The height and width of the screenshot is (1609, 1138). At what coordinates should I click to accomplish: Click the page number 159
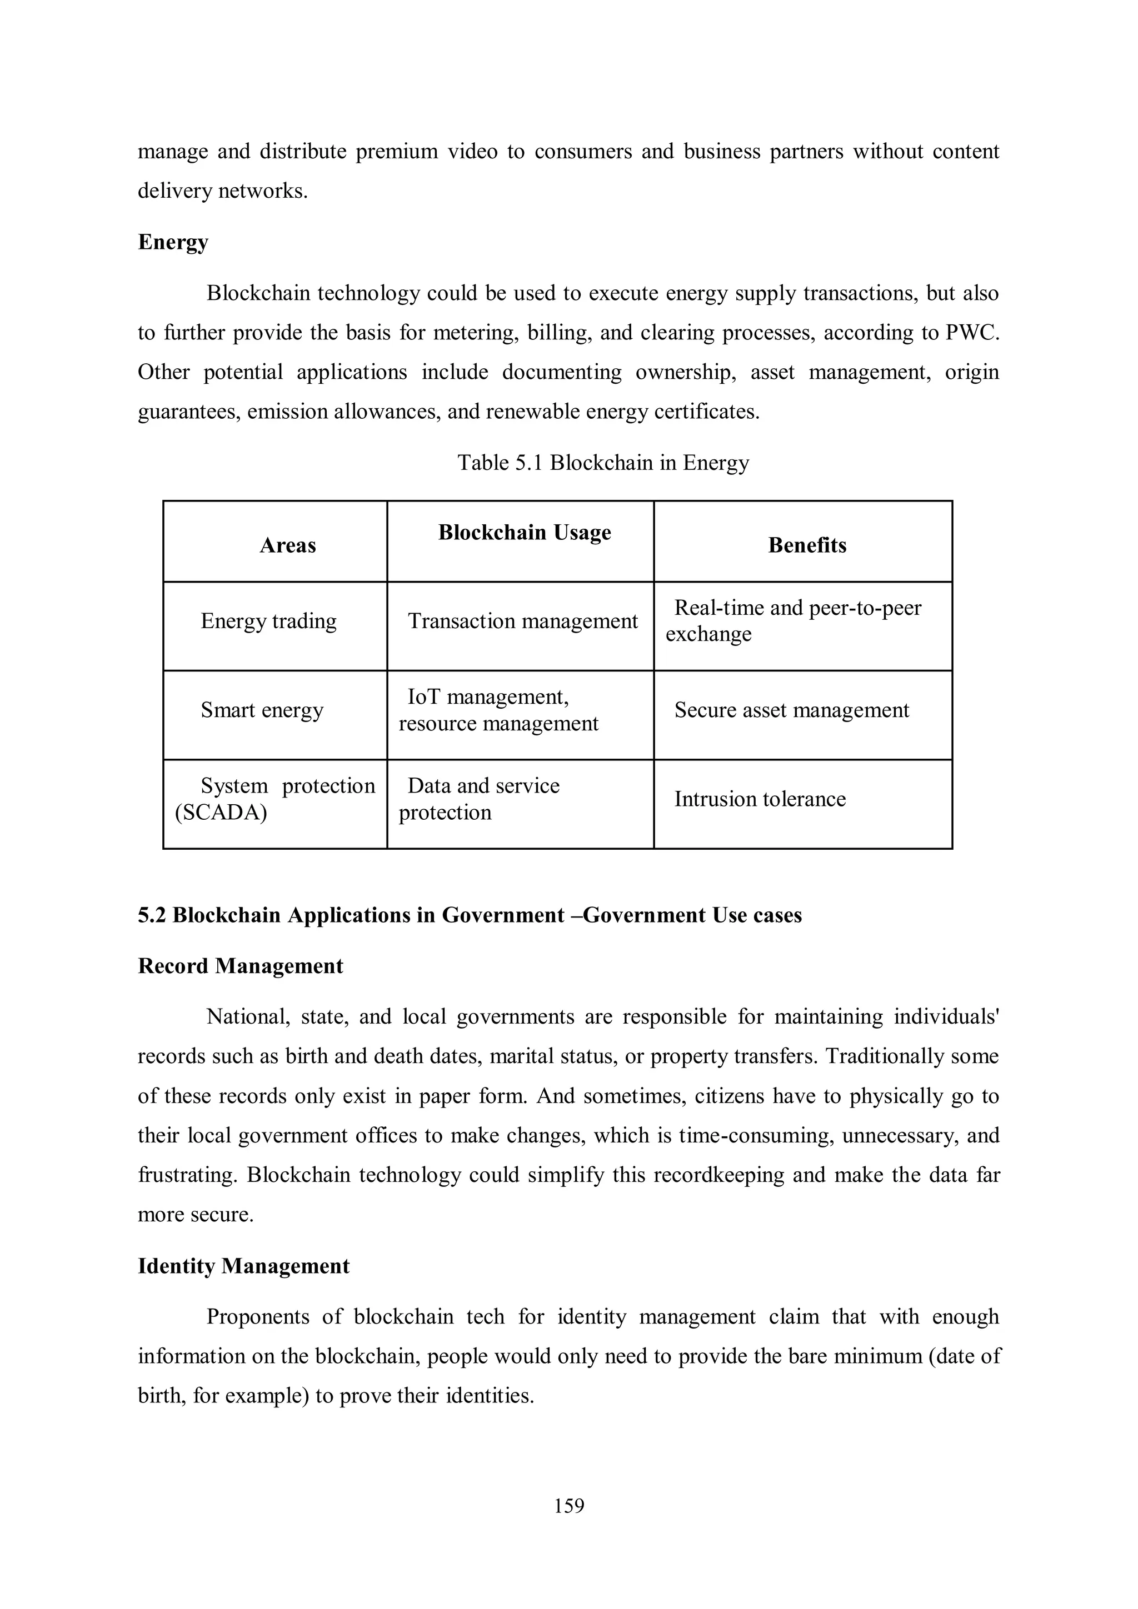568,1505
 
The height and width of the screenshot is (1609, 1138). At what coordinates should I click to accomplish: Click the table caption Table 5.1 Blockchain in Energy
603,463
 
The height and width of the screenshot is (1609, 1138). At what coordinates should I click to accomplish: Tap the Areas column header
287,545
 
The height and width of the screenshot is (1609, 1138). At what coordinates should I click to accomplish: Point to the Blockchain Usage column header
525,533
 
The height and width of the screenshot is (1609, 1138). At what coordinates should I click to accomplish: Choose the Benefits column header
807,545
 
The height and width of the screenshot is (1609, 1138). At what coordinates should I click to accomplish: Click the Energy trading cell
268,621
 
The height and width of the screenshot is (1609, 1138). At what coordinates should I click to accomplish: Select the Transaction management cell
522,621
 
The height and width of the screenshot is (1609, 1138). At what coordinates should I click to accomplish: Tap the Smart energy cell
262,710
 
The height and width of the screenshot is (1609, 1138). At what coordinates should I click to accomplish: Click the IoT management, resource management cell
498,710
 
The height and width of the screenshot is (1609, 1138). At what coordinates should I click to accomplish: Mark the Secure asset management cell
791,710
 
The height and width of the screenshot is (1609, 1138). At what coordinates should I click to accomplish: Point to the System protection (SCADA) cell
275,799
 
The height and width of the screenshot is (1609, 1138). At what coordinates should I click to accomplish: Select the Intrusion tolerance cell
760,799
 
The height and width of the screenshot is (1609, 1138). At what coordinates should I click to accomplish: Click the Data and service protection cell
482,799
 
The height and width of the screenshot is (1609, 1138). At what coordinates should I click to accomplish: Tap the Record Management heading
241,966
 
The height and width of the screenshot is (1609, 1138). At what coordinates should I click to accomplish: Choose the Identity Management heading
243,1266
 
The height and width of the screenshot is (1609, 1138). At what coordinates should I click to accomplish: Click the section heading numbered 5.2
470,915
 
